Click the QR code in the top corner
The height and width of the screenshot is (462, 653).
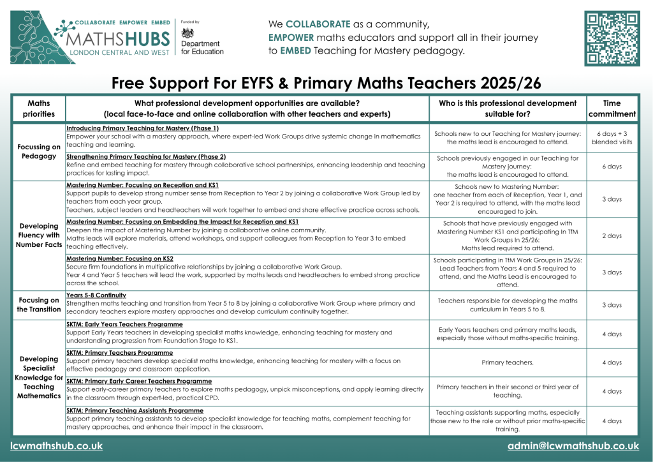coord(612,38)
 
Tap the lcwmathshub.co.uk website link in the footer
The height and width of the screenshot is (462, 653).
coord(57,446)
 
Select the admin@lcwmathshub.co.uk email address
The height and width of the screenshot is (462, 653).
coord(573,446)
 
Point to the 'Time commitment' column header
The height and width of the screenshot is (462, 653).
coord(612,108)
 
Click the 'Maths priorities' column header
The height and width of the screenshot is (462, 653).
coord(39,108)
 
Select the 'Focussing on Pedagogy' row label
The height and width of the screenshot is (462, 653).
coord(39,151)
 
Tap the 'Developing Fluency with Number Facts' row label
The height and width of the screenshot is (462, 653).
coord(39,235)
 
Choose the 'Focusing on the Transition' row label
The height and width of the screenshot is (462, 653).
coord(39,305)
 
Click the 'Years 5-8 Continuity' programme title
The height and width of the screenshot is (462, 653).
coord(97,295)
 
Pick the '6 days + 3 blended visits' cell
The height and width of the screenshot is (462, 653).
coord(612,137)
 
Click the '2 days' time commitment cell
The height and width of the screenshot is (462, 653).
coord(612,235)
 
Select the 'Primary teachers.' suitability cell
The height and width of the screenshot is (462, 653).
coord(508,362)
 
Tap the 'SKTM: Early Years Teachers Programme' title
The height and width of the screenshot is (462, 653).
coord(124,324)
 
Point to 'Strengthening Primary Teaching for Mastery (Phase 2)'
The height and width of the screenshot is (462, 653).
coord(146,156)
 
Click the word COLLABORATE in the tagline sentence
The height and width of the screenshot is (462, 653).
coord(318,24)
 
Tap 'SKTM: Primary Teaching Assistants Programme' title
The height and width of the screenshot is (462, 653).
coord(135,410)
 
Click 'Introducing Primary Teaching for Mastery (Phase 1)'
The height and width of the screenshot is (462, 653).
coord(142,128)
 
